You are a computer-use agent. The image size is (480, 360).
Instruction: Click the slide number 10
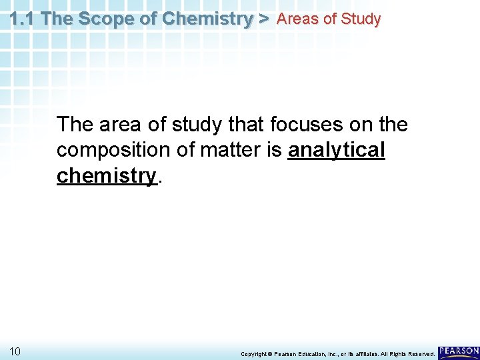coord(15,351)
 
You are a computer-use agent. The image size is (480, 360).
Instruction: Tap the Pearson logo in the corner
coord(459,351)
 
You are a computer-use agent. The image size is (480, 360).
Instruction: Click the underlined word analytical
coord(337,151)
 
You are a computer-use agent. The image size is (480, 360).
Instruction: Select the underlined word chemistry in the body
coord(107,176)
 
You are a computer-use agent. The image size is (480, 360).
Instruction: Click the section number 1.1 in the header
coord(23,19)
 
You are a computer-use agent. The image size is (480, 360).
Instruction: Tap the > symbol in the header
coord(264,19)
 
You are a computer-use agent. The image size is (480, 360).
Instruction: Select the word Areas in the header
coord(297,19)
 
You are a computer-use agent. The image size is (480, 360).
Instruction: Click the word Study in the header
coord(360,19)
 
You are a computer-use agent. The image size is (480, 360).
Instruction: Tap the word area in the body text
coord(121,125)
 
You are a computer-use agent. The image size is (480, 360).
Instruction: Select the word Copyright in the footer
coord(254,354)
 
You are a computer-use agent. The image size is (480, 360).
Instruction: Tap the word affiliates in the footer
coord(369,354)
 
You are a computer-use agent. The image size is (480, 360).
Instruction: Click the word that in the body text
coord(247,125)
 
